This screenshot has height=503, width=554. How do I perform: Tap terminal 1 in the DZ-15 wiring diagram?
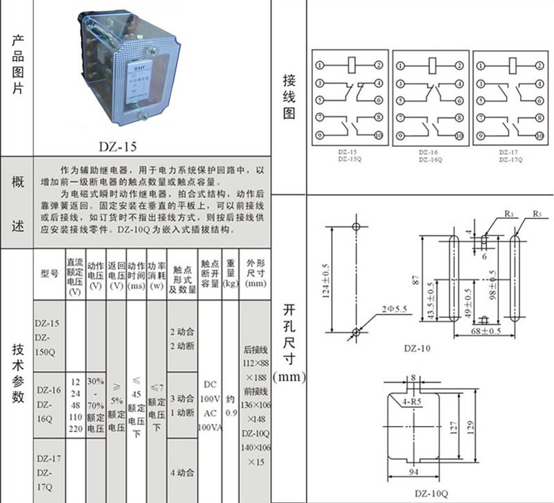[320, 66]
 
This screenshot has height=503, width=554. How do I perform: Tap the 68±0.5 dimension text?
[485, 331]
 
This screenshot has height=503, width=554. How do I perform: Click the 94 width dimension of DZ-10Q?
[413, 473]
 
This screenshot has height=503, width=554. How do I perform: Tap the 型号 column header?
[49, 274]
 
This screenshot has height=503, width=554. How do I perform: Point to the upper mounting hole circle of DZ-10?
[356, 227]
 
